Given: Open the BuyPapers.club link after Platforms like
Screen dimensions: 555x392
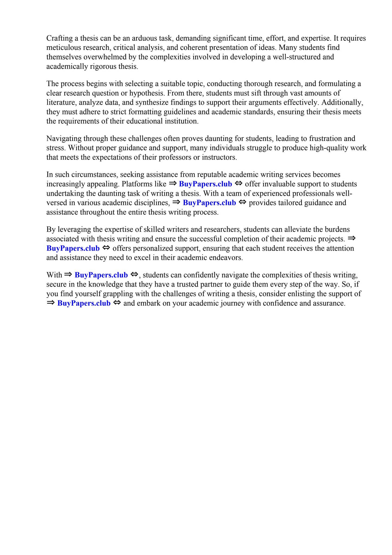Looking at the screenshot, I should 205,184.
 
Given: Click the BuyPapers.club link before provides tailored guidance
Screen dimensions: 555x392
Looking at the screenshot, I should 209,203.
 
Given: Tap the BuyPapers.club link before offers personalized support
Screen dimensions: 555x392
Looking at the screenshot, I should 73,248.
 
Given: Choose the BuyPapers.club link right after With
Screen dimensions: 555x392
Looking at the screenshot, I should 101,275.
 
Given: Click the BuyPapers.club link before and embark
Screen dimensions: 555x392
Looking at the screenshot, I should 84,303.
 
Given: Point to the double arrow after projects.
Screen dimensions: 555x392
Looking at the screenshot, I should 351,238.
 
